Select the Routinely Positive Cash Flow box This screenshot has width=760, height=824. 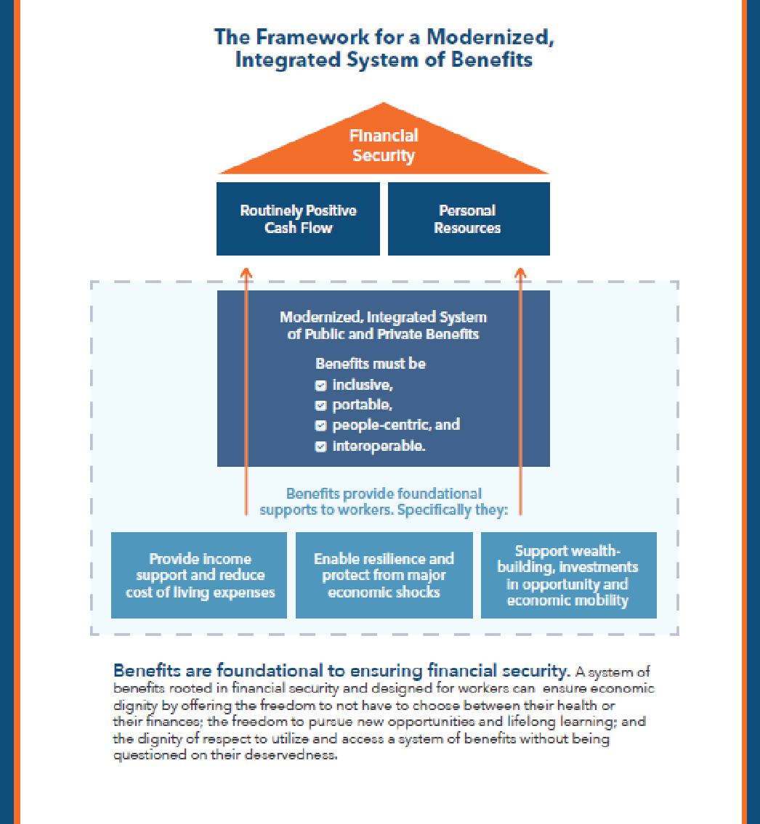click(x=298, y=219)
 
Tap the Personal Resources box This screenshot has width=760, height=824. click(x=468, y=219)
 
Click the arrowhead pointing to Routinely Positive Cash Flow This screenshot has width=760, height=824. click(x=246, y=273)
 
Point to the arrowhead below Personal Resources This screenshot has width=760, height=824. click(x=520, y=273)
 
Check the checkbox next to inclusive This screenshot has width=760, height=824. click(x=320, y=386)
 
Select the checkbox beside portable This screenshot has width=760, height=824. click(x=320, y=406)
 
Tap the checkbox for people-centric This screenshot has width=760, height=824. click(x=320, y=426)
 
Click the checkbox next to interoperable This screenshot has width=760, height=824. click(x=320, y=446)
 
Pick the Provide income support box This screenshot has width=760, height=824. click(x=199, y=575)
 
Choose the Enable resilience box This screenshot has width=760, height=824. click(x=384, y=575)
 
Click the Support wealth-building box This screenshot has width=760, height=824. click(x=568, y=575)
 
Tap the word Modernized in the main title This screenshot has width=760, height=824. click(x=494, y=37)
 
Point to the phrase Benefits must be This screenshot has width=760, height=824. click(x=371, y=364)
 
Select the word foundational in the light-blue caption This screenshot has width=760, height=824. click(x=439, y=494)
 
